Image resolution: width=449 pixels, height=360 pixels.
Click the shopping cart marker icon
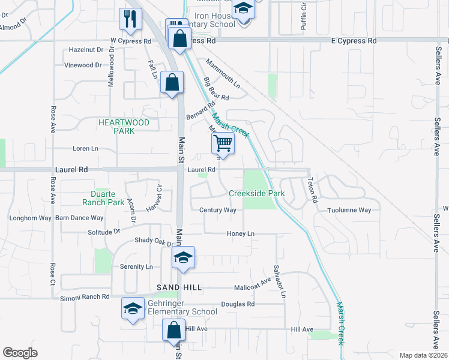(222, 145)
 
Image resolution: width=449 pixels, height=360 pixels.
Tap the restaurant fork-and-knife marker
(130, 19)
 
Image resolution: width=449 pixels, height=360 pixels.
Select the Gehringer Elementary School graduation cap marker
(133, 308)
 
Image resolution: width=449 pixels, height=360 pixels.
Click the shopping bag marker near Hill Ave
(173, 331)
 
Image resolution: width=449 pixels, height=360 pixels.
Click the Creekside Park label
(256, 194)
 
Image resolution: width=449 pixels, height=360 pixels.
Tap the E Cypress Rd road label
(354, 41)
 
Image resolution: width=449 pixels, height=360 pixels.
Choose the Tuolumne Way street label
(349, 210)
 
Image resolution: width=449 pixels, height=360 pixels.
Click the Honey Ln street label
(241, 233)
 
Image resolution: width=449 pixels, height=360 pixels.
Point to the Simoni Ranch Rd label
(85, 296)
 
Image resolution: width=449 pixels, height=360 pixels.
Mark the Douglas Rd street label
(238, 304)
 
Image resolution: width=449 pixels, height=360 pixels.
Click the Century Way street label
(218, 210)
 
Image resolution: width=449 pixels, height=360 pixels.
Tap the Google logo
(20, 353)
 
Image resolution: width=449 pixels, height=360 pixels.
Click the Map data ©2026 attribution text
(423, 355)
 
